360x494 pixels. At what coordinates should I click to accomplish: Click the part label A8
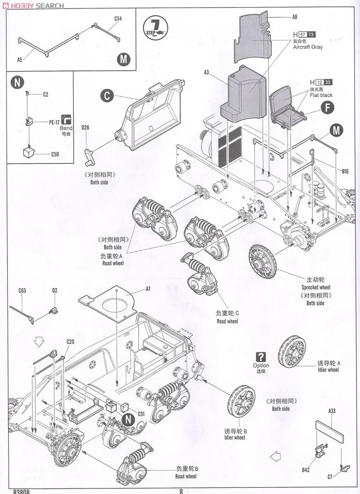click(295, 17)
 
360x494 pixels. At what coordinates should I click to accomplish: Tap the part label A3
click(206, 72)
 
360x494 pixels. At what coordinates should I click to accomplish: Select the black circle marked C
click(107, 96)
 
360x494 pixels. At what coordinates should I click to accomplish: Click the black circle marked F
click(327, 108)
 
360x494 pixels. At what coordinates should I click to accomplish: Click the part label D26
click(85, 128)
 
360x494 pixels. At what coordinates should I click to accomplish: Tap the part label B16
click(345, 171)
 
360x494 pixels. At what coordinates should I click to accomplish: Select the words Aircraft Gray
click(308, 47)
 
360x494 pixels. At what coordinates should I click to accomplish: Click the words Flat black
click(321, 95)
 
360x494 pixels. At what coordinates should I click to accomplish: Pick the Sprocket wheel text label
click(316, 287)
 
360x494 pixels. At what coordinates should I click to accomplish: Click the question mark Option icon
click(261, 357)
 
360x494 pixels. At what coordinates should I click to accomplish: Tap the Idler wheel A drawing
click(292, 351)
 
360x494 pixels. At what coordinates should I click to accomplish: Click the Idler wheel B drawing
click(242, 401)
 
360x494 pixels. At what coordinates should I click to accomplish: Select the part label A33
click(332, 411)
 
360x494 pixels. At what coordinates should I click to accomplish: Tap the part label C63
click(22, 291)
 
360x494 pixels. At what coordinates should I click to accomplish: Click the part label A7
click(148, 289)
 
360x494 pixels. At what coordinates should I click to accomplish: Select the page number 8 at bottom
click(181, 491)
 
